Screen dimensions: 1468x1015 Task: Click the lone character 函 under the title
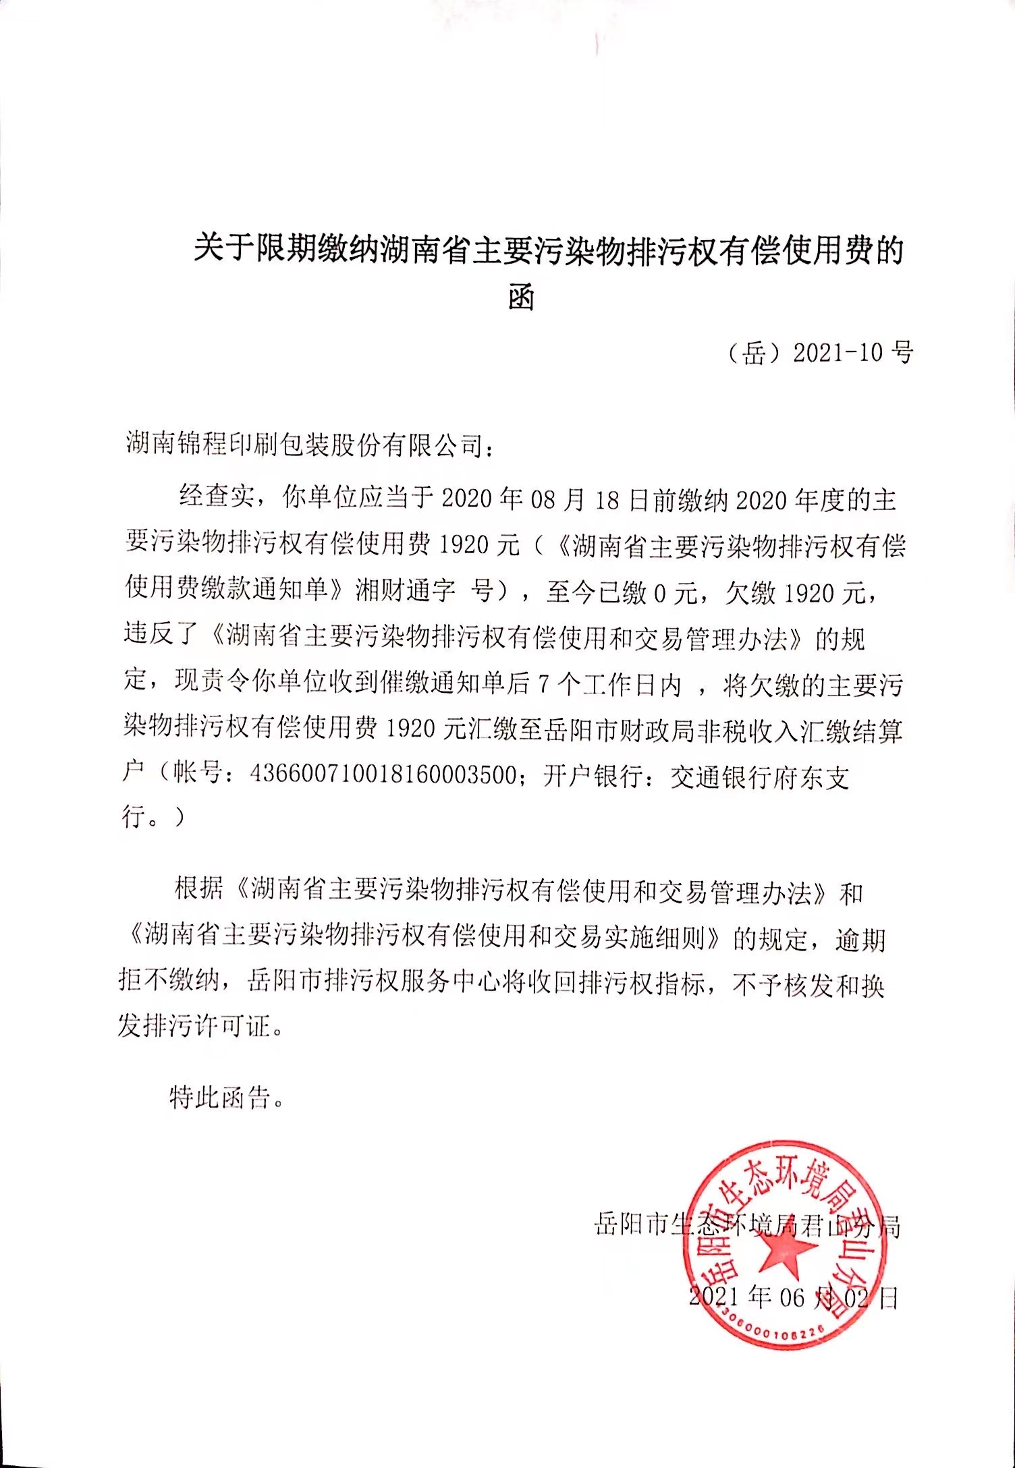click(521, 298)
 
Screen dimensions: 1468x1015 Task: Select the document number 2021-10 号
click(852, 352)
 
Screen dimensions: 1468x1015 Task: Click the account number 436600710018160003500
click(383, 775)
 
